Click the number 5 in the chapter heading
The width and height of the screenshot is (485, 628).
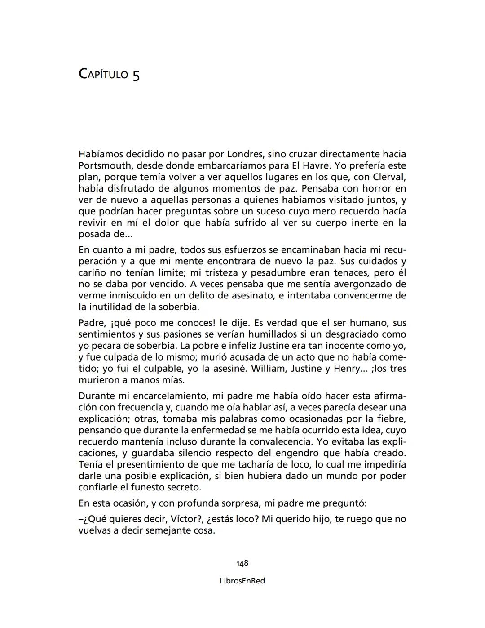136,75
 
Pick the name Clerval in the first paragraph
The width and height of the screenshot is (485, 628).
389,177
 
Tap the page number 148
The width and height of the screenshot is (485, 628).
242,563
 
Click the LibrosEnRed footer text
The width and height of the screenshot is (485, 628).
242,581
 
